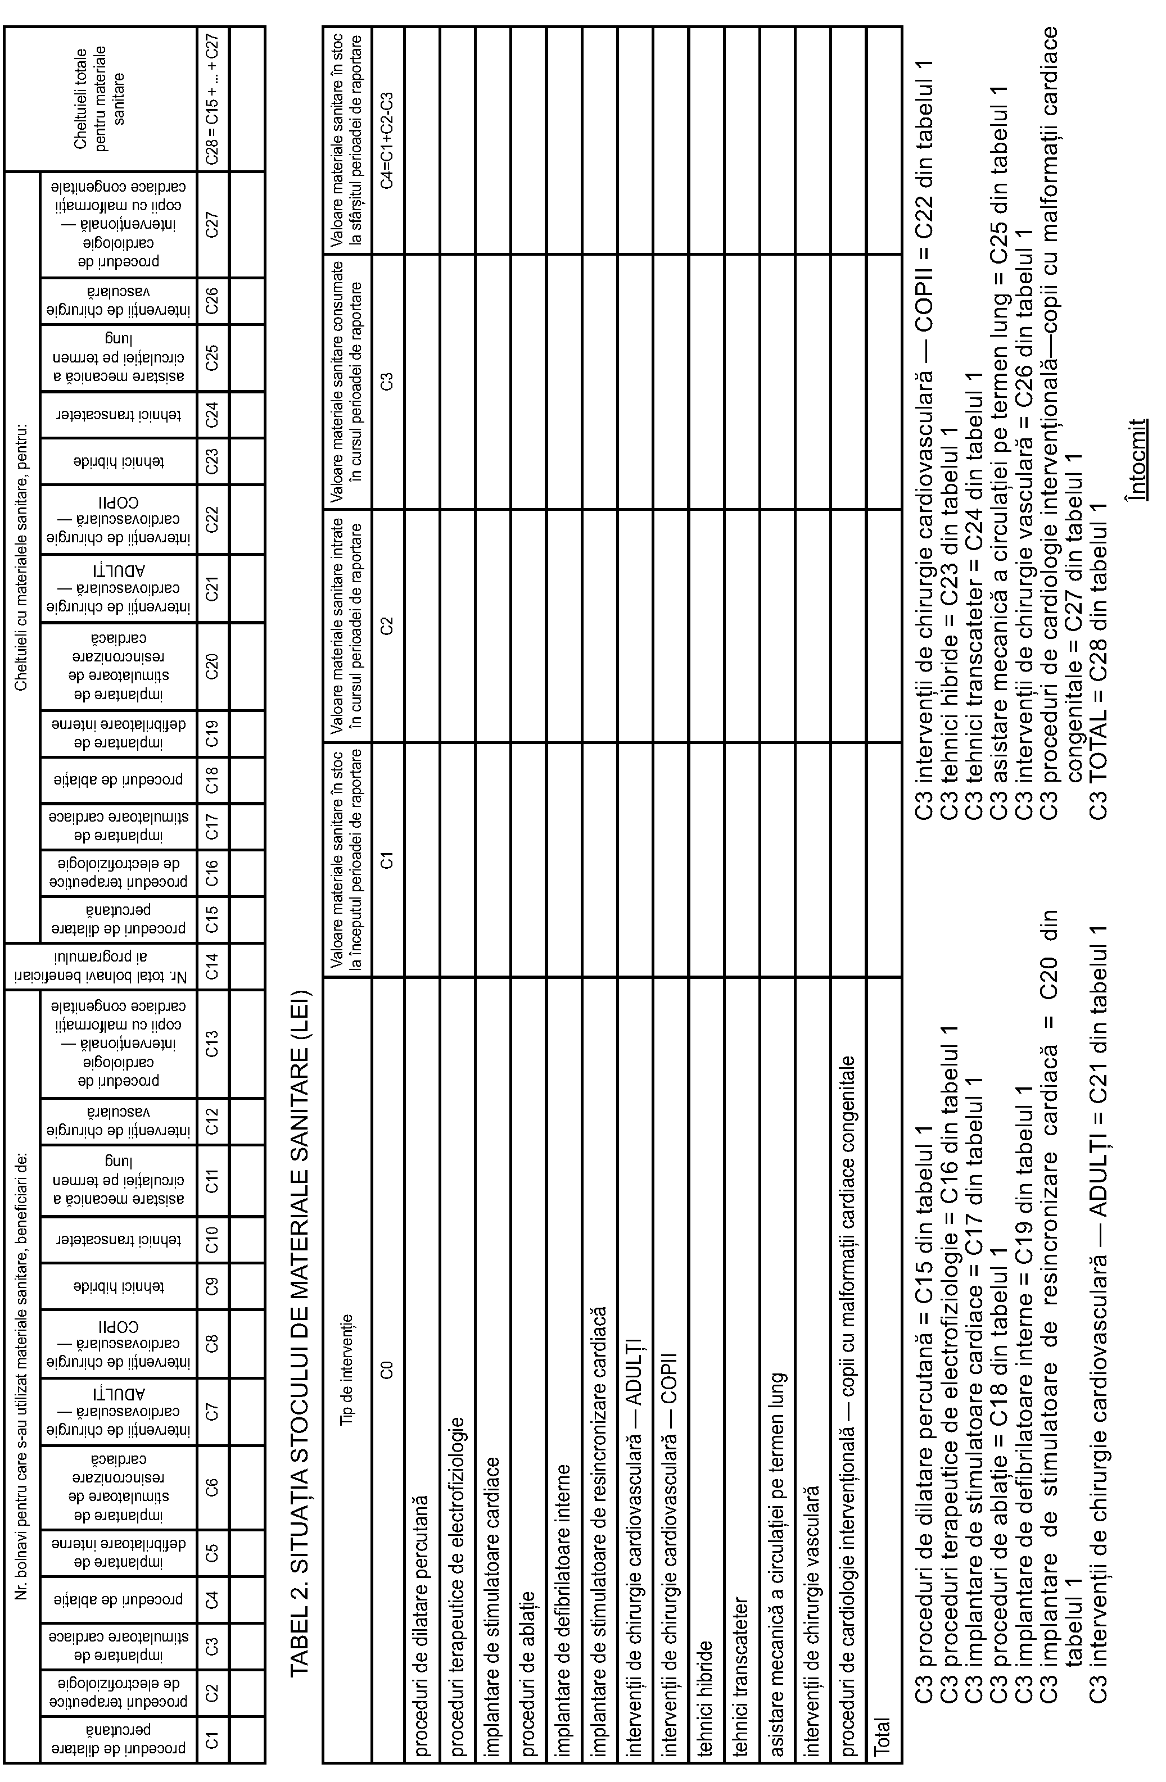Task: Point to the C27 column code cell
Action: click(213, 225)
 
